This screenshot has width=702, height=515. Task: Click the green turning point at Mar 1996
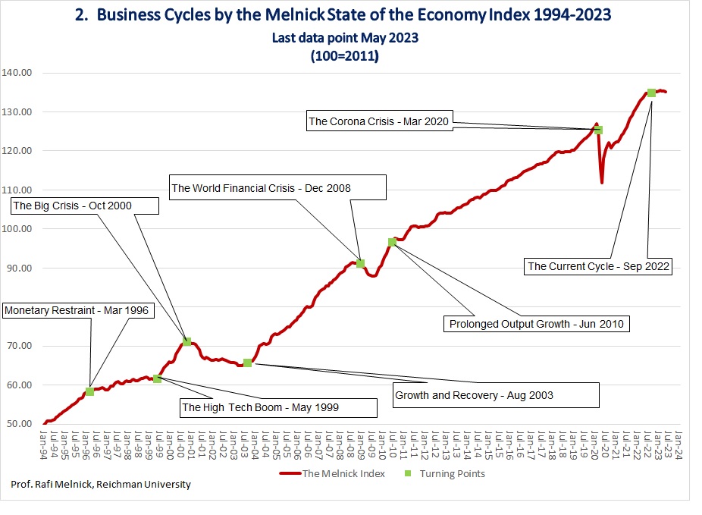pyautogui.click(x=89, y=391)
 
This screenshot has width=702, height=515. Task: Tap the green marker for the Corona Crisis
pyautogui.click(x=598, y=130)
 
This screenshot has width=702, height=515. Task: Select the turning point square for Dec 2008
pyautogui.click(x=361, y=263)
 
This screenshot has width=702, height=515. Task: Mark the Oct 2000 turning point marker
pyautogui.click(x=186, y=342)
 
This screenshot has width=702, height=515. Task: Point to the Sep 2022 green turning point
pyautogui.click(x=651, y=93)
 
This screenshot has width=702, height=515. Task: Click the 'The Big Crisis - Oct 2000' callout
pyautogui.click(x=85, y=206)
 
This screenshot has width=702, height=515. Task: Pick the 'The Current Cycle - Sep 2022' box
pyautogui.click(x=597, y=266)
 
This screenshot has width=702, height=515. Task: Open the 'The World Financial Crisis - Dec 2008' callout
pyautogui.click(x=277, y=187)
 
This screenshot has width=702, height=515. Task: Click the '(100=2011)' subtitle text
pyautogui.click(x=343, y=55)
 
